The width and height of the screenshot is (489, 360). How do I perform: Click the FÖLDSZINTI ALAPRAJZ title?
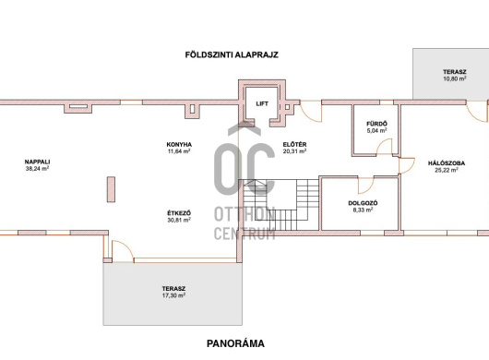(x=232, y=54)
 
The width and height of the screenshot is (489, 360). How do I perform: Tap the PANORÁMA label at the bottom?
(x=235, y=343)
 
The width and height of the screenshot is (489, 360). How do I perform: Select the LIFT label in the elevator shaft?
(x=262, y=103)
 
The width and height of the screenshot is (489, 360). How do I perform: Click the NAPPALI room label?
(x=38, y=162)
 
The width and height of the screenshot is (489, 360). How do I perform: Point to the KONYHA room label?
(x=179, y=144)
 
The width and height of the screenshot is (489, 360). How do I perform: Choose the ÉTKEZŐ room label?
(x=179, y=213)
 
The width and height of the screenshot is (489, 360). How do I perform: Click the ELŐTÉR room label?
(x=294, y=144)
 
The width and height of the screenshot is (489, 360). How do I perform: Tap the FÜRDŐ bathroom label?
(x=376, y=124)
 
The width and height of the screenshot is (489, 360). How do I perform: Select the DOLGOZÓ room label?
(x=363, y=203)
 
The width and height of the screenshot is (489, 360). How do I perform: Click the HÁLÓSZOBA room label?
(x=447, y=163)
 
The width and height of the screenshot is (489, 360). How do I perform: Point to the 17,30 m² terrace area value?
(x=173, y=295)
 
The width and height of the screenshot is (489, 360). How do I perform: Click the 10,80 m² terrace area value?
(x=455, y=78)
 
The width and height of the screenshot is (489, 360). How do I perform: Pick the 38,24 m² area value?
(x=38, y=168)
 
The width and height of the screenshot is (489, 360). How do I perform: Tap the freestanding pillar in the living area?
(x=111, y=189)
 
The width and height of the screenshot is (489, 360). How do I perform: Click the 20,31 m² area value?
(x=294, y=151)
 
